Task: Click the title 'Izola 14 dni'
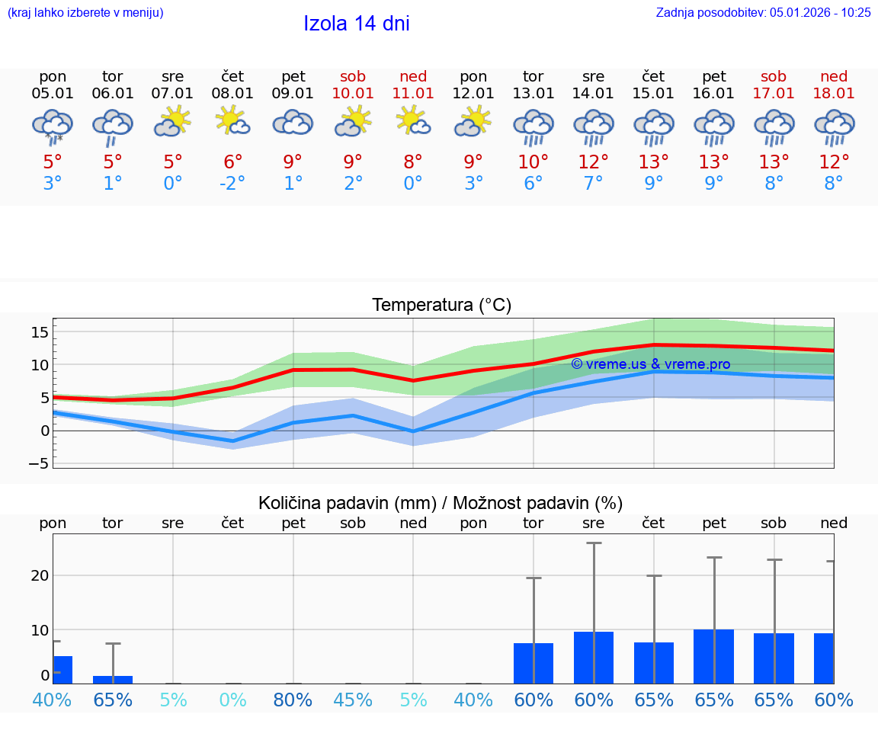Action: tap(357, 24)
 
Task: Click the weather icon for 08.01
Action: tap(233, 121)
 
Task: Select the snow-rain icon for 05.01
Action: tap(53, 126)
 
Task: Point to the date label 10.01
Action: tap(353, 93)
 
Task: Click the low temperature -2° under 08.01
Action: tap(233, 184)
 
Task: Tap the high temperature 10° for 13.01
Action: tap(534, 162)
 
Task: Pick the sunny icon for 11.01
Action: tap(413, 121)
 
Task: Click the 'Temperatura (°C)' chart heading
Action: tap(441, 306)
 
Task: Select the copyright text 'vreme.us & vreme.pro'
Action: tap(651, 364)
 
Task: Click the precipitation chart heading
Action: tap(441, 503)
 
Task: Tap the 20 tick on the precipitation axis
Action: tap(40, 575)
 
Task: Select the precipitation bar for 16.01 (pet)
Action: tap(714, 656)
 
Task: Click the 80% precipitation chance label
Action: tap(293, 700)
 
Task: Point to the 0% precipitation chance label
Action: tap(233, 700)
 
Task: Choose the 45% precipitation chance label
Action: tap(353, 700)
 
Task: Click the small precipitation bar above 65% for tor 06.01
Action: tap(113, 679)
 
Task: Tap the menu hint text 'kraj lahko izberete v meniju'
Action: tap(85, 12)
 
